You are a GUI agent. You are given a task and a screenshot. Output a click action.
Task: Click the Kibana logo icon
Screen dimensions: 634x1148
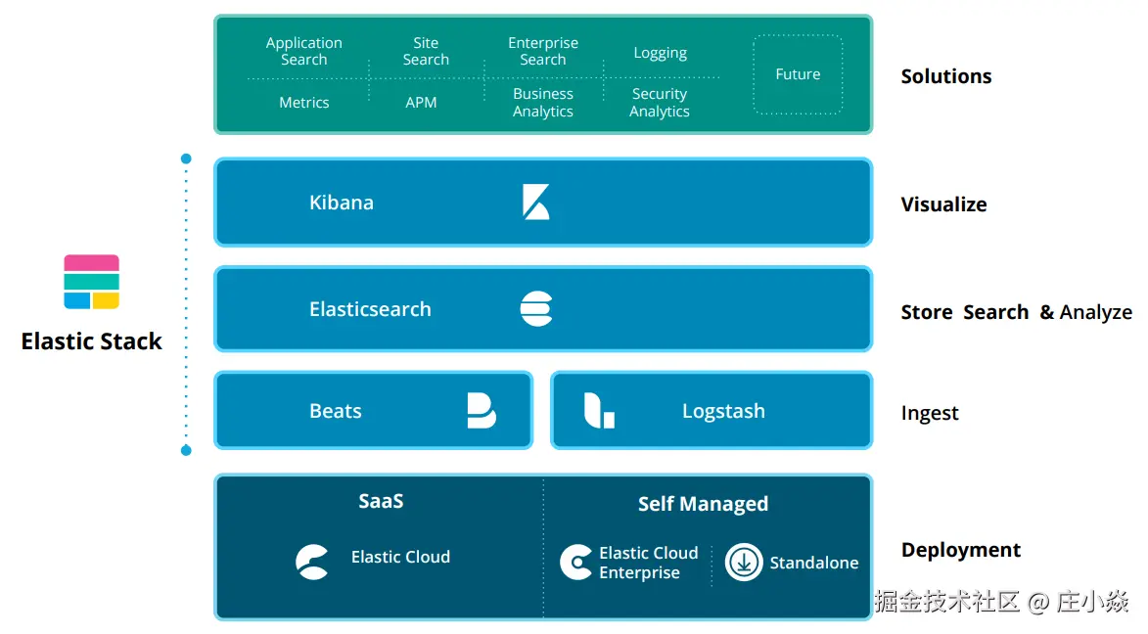(x=535, y=203)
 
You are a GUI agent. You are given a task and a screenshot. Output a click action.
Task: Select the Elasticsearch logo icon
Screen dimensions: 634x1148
(x=536, y=309)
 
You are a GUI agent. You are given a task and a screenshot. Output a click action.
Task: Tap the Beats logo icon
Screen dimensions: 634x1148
(x=481, y=411)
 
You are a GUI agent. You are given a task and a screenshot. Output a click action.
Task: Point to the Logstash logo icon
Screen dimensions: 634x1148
(x=599, y=411)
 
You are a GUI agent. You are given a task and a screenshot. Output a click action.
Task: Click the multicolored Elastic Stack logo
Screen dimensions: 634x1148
(x=91, y=282)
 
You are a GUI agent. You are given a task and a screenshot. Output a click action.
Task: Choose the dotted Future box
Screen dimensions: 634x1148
(x=798, y=74)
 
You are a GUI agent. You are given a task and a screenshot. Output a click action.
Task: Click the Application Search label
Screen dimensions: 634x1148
(x=304, y=51)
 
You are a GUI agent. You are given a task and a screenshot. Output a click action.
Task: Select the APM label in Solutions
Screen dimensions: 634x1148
(x=421, y=102)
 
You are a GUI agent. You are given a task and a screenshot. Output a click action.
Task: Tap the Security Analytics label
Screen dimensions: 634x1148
(x=659, y=103)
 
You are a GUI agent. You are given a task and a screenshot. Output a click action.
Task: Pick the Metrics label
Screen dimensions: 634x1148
(x=304, y=102)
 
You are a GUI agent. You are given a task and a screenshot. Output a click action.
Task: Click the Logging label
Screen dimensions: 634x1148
(x=660, y=53)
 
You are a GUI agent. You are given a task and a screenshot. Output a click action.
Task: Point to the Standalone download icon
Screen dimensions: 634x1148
(x=744, y=563)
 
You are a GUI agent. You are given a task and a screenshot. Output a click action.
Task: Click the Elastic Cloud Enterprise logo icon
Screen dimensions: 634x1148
(x=575, y=563)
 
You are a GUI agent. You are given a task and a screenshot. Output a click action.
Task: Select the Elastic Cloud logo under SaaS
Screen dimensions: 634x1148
(x=312, y=562)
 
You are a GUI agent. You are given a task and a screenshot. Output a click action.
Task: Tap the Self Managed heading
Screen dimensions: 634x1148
(x=703, y=504)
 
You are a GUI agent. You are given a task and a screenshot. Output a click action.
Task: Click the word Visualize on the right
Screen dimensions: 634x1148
(x=943, y=204)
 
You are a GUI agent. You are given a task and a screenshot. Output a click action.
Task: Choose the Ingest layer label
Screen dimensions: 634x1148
(x=930, y=413)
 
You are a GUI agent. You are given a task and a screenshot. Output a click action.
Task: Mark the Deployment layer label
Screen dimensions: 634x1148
(x=960, y=550)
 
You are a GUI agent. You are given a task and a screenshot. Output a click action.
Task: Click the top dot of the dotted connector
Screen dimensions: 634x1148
(x=186, y=158)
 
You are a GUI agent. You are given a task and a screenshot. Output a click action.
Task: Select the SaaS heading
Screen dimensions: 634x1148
(x=381, y=501)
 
